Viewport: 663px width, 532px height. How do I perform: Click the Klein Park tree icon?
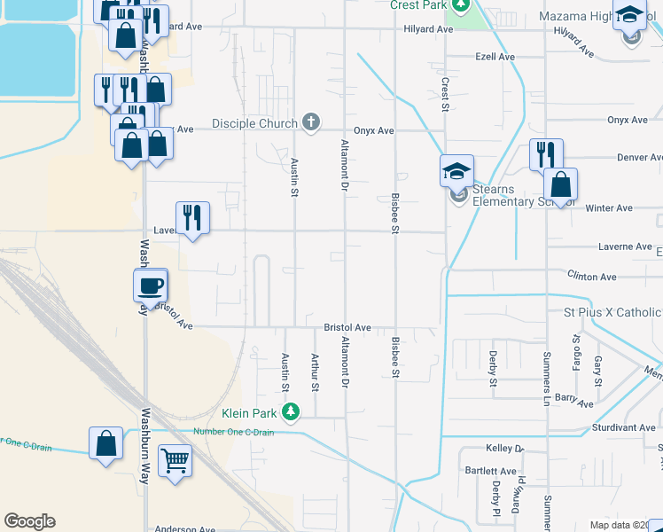click(x=291, y=412)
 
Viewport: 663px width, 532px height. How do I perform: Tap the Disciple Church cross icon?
click(x=310, y=122)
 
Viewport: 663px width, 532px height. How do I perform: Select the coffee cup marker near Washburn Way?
click(x=150, y=286)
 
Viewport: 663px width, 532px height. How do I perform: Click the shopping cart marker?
click(x=175, y=460)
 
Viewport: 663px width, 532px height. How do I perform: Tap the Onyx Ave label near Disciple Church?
click(x=373, y=130)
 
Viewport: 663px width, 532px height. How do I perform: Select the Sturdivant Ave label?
click(x=626, y=428)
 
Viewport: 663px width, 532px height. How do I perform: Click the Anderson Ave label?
click(x=185, y=529)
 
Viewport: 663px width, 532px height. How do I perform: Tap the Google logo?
click(x=29, y=521)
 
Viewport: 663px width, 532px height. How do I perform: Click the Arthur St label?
click(x=315, y=372)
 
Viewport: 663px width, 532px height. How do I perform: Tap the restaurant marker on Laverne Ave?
click(x=192, y=216)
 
